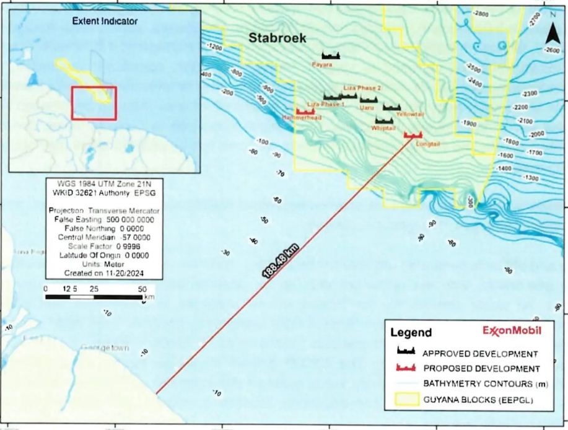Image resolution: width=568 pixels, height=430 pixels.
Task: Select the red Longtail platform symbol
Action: click(x=412, y=134)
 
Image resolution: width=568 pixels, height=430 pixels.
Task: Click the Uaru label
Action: click(x=367, y=107)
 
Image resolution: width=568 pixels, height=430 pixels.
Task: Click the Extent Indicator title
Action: click(x=105, y=21)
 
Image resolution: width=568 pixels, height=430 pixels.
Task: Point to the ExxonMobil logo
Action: click(x=511, y=331)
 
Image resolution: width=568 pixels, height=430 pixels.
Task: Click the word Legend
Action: click(x=411, y=333)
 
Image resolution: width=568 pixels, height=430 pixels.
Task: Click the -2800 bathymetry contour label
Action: click(x=480, y=13)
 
